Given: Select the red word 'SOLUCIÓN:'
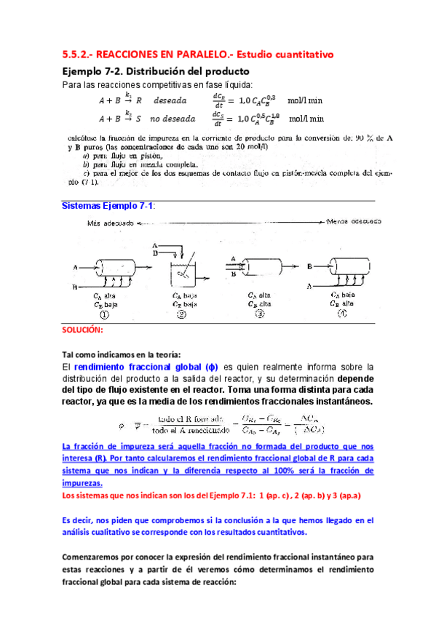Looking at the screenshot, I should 84,330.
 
